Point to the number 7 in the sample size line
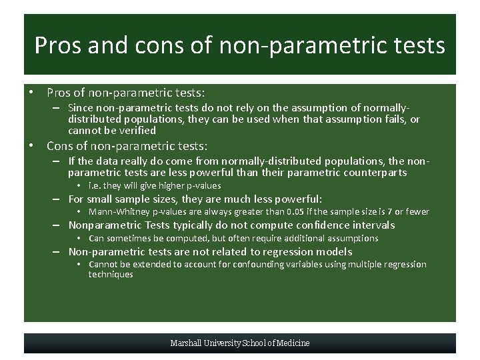(387, 212)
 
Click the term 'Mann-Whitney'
(115, 212)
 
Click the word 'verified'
(139, 131)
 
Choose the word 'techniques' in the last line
(111, 275)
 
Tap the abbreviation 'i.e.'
(95, 186)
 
